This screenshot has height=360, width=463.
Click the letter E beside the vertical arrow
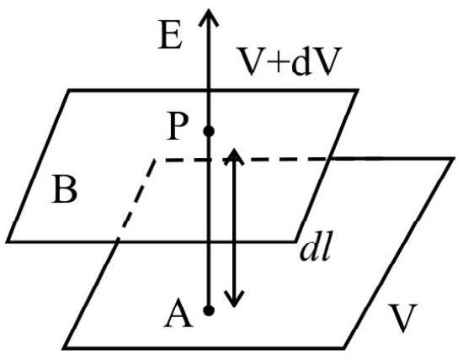coord(170,34)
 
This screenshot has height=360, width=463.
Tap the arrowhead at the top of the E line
coord(209,17)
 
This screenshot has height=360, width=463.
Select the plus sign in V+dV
coord(277,61)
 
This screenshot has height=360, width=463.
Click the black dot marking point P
coord(209,131)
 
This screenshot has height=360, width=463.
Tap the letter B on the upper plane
coord(64,188)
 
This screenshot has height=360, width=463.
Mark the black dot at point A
coord(209,310)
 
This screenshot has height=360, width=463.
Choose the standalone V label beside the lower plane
coord(402,318)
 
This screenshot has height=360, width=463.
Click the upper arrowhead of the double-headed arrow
coord(234,156)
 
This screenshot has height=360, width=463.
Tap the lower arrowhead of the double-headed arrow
coord(234,299)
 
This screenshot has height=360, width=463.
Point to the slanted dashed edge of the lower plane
coord(136,199)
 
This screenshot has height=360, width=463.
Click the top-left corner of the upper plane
coord(70,90)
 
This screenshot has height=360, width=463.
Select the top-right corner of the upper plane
coord(358,90)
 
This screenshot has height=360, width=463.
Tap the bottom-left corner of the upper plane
coord(8,241)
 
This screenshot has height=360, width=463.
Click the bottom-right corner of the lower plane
coord(344,348)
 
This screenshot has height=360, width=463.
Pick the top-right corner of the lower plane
coord(453,159)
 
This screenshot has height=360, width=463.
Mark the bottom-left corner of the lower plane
coord(65,348)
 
